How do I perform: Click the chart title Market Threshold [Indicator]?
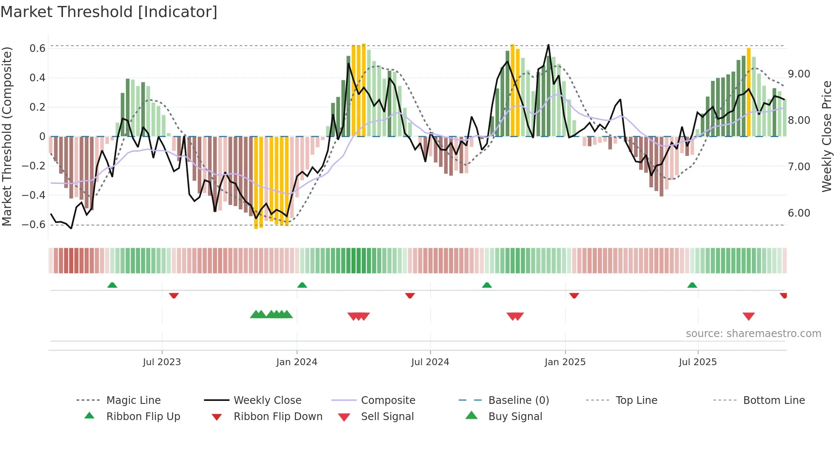pos(109,12)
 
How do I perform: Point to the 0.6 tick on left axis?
pos(37,49)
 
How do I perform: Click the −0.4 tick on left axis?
pos(34,195)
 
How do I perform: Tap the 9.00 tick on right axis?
pos(799,74)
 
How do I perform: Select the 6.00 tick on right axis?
pos(799,213)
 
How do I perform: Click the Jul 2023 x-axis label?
pos(162,362)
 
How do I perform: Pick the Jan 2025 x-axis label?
pos(565,362)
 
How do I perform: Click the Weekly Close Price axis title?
pos(826,136)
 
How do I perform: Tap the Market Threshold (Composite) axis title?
pos(7,136)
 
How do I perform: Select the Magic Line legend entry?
pos(133,400)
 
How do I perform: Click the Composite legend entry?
pos(388,400)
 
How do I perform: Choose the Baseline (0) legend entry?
pos(518,400)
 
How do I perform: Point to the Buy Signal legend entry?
pos(515,417)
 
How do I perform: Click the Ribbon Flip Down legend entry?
pos(277,417)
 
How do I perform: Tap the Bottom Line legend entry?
pos(774,400)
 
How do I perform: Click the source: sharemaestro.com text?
pos(753,334)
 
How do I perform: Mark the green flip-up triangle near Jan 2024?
pos(302,285)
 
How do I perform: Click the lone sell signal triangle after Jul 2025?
pos(748,316)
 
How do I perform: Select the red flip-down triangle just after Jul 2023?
pos(174,295)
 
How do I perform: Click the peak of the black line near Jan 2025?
pos(548,45)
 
